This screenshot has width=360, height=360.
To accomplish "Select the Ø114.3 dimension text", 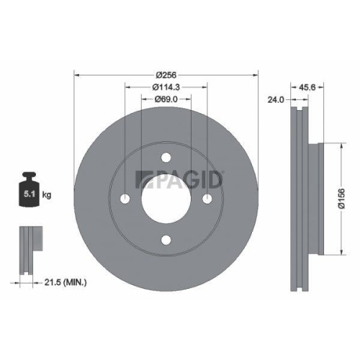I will click(x=166, y=88).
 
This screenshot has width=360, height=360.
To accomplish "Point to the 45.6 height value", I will click(x=310, y=87).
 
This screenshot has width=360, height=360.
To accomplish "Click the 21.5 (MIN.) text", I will click(x=63, y=284).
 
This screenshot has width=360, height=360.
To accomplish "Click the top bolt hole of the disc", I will click(x=166, y=158).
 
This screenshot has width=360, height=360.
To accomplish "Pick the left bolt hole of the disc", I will click(x=125, y=199).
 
